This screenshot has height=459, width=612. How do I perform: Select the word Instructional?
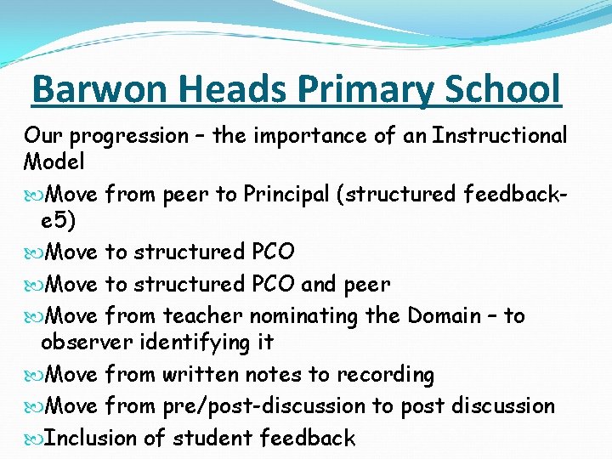[x=500, y=136]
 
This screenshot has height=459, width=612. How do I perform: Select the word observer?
[x=79, y=343]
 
